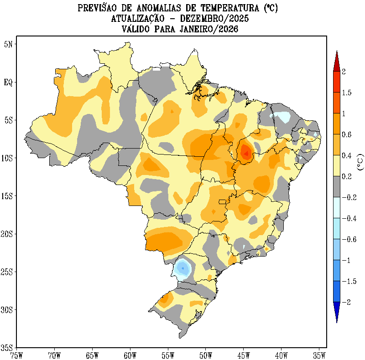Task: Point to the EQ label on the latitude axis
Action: [8, 82]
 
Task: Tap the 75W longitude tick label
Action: [16, 354]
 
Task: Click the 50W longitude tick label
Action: [206, 354]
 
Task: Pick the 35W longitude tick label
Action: [319, 354]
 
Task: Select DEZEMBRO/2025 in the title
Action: [210, 19]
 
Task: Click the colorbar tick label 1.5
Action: [347, 93]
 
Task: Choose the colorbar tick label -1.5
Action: [349, 281]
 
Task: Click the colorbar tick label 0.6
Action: [347, 134]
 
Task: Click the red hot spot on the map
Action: [246, 151]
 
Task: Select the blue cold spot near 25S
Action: [183, 268]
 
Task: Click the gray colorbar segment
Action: [336, 187]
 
